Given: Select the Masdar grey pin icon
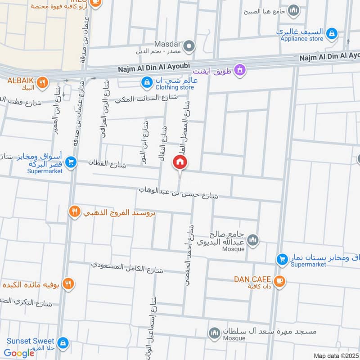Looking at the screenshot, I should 189,46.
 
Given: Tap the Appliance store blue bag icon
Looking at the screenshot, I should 332,33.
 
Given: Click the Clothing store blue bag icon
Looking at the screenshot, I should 146,82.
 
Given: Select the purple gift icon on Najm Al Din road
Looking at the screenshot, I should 240,70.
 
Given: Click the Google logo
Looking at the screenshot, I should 19,353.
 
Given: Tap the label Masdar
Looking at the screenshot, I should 167,44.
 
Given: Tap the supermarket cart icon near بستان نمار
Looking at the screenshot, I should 282,259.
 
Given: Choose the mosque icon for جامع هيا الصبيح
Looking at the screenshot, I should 294,10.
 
